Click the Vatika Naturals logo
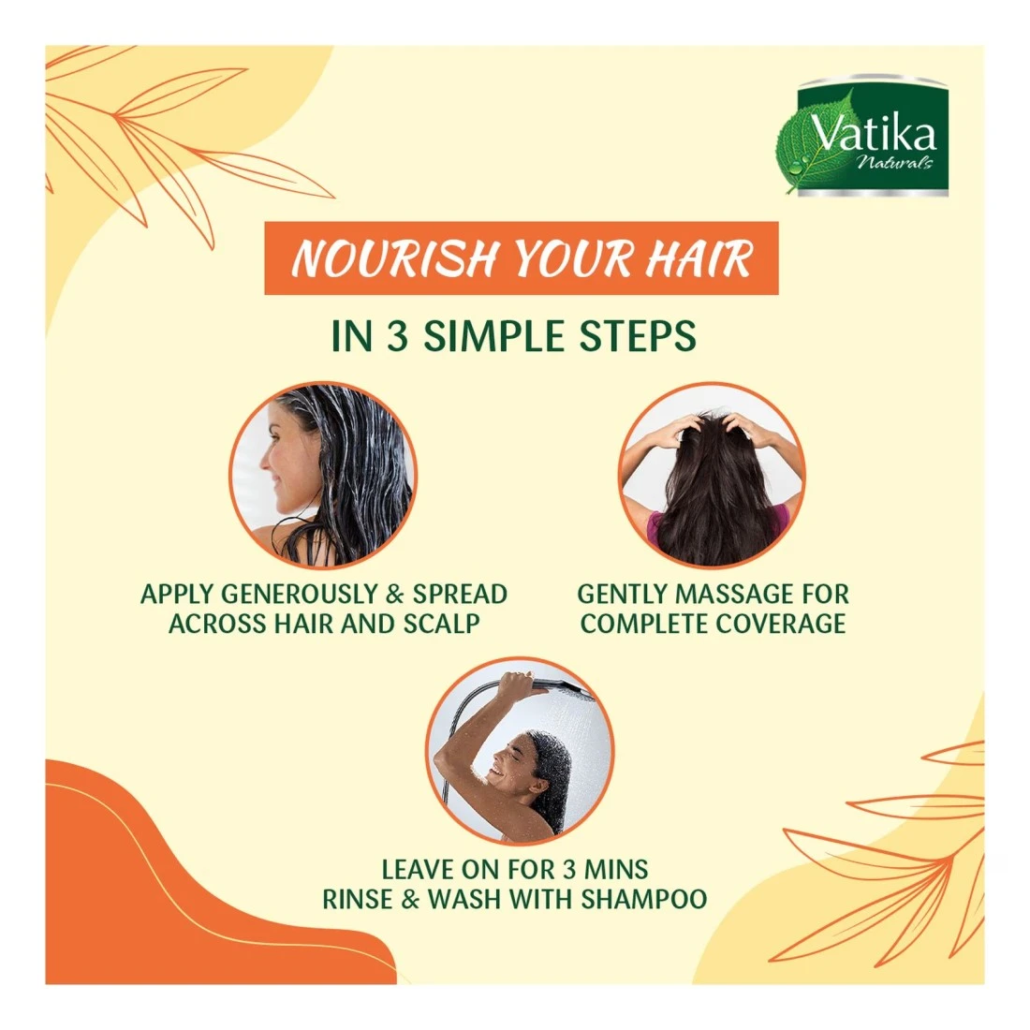[864, 136]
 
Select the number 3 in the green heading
[397, 336]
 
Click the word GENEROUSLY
[299, 594]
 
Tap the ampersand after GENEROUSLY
[395, 594]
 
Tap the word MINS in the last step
[616, 869]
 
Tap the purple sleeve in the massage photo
[654, 529]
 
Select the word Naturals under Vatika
[894, 162]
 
